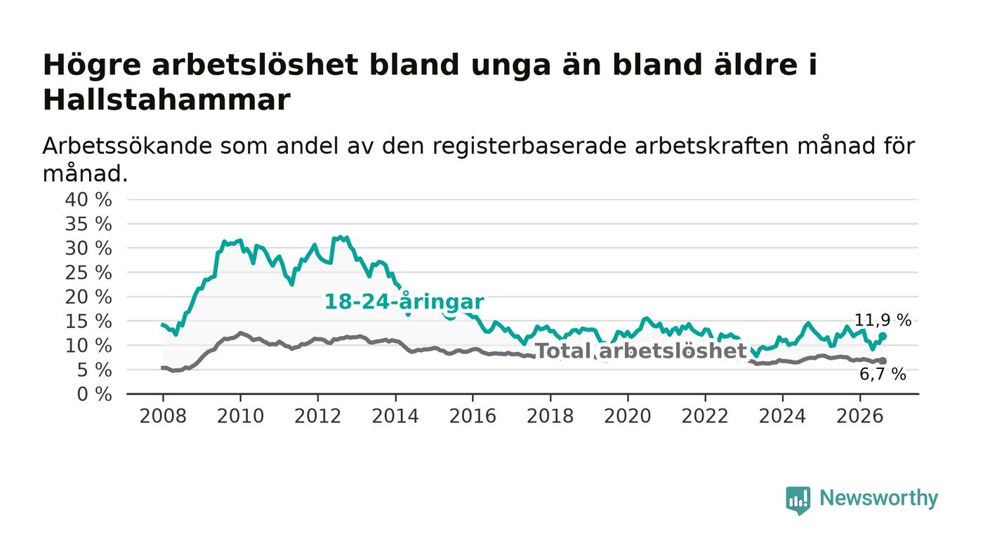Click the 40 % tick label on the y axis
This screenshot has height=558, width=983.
pos(88,200)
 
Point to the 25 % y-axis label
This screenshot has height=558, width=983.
pos(88,273)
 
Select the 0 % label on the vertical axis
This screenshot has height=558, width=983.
pos(94,394)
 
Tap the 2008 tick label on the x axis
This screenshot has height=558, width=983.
pos(163,417)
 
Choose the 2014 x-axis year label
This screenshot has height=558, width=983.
pos(395,417)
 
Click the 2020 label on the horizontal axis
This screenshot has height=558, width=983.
pos(628,417)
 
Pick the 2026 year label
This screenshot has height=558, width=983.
pos(859,417)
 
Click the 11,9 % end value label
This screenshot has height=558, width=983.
pos(883,320)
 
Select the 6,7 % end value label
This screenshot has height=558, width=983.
pos(883,375)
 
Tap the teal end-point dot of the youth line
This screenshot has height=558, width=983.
pos(883,336)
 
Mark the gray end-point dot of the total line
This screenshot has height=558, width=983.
pos(883,361)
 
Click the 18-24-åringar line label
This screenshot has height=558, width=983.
pos(404,302)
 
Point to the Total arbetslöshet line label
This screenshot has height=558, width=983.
pos(640,351)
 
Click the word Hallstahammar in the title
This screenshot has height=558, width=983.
pos(167,100)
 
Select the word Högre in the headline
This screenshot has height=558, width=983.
pos(91,66)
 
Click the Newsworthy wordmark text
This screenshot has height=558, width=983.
pos(878,498)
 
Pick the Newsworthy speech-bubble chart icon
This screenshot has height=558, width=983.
pos(798,500)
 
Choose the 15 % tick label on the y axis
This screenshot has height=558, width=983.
pos(88,322)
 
